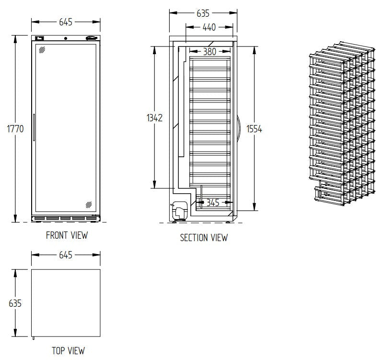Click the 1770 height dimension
15,128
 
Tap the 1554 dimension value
254,129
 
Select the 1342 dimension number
154,118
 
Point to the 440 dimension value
209,27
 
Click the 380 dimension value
209,51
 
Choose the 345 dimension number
213,203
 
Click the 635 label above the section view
203,13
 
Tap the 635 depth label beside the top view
15,303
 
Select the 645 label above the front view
66,22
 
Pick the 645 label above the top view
66,255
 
